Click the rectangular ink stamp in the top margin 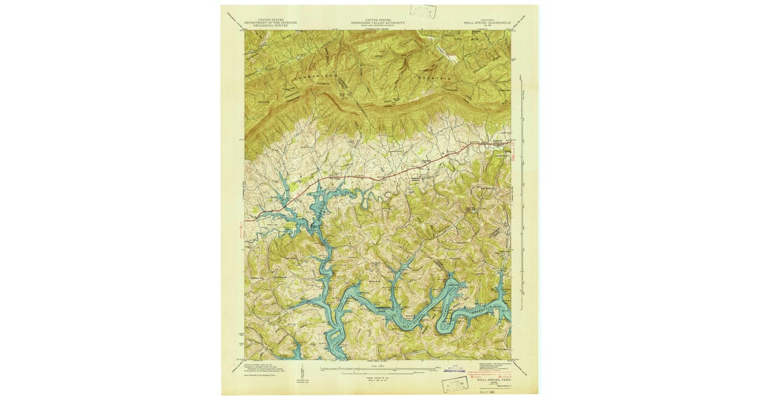click(422, 11)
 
